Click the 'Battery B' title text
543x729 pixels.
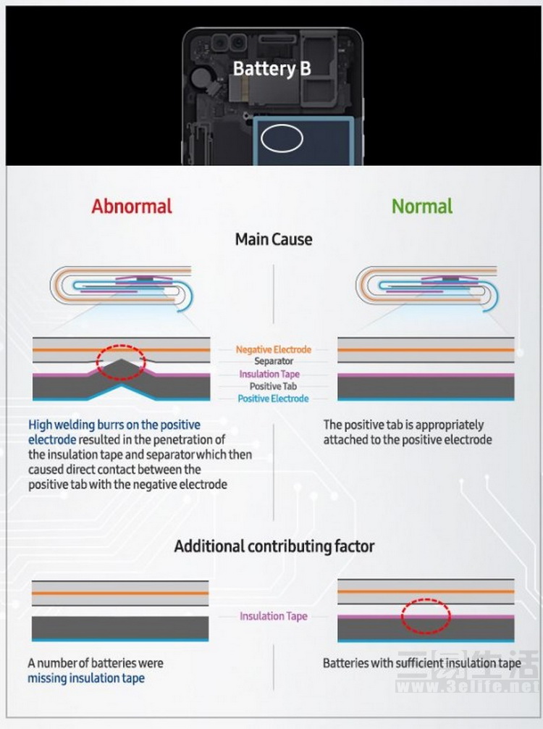coord(271,69)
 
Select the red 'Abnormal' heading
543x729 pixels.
coord(132,206)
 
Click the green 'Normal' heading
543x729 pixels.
coord(422,206)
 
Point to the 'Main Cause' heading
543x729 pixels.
coord(273,239)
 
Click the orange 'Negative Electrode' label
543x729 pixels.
coord(273,349)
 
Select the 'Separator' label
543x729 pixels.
coord(273,361)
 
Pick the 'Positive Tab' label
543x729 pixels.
coord(273,386)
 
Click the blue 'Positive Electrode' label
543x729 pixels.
coord(273,399)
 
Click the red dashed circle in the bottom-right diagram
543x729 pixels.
coord(426,616)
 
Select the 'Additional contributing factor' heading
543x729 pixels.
coord(274,546)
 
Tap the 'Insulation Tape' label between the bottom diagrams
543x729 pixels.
coord(273,616)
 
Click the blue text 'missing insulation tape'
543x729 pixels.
coord(86,678)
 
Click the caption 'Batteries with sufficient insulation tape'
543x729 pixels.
coord(421,663)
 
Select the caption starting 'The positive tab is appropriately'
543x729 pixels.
coord(403,425)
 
